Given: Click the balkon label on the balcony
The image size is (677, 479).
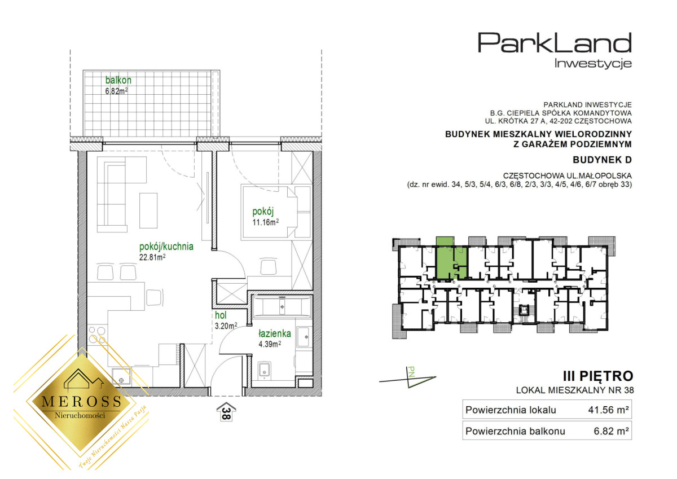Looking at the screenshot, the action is (118, 80).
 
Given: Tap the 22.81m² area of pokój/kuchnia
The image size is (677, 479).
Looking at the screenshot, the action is (152, 257).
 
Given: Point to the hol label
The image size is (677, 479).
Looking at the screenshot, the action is (221, 315).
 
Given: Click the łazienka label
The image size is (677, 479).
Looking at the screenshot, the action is (274, 333).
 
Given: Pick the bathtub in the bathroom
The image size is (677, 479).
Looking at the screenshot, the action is (282, 307).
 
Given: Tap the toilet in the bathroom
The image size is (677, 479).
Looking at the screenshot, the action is (265, 370).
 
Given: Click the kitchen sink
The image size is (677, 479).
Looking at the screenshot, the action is (121, 377).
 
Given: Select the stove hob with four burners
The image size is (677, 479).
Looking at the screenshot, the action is (97, 335).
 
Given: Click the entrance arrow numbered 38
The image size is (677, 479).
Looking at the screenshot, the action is (226, 411).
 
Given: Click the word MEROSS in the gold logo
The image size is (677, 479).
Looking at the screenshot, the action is (81, 401).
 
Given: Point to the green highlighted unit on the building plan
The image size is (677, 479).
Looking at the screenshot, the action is (451, 260).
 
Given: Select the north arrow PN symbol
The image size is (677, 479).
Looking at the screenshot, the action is (408, 378).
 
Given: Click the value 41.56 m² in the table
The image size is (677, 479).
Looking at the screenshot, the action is (608, 410).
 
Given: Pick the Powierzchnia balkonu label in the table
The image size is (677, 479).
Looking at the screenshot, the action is (515, 431).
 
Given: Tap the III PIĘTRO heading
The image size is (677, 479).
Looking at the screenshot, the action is (598, 376).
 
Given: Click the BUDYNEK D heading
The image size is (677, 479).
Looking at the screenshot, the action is (602, 160).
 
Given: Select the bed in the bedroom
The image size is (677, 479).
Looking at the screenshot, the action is (276, 212).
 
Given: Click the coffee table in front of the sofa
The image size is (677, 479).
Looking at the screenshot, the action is (148, 210).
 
